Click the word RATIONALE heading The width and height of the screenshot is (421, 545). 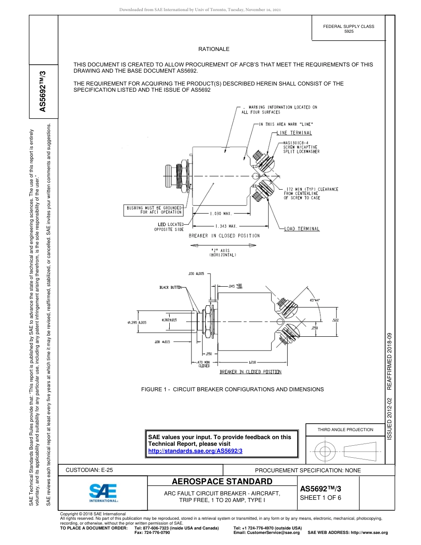214,49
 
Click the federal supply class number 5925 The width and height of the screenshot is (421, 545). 349,32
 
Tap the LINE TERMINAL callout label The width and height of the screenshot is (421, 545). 294,133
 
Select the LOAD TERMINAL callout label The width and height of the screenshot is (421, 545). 302,229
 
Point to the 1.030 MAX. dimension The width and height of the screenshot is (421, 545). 221,214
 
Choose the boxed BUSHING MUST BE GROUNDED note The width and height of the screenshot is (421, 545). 154,210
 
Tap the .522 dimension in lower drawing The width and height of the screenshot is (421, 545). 336,319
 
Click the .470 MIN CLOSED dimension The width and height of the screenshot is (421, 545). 204,365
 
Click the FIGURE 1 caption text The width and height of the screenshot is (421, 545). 232,389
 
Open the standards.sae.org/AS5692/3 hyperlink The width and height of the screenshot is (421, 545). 195,451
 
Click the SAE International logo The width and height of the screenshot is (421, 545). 103,492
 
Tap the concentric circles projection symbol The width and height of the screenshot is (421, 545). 325,451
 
